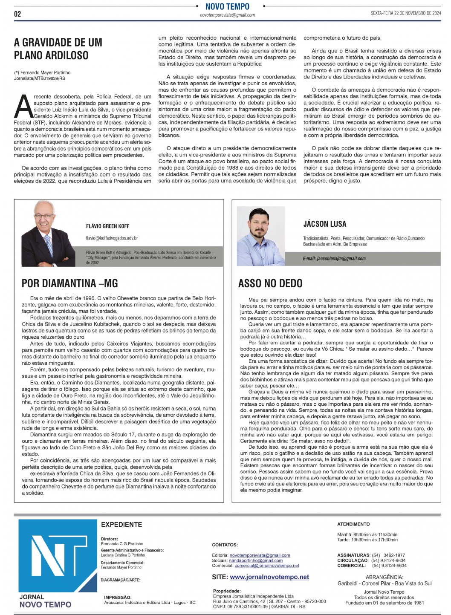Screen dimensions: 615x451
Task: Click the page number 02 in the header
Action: (x=17, y=14)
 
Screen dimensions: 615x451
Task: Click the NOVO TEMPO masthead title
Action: (x=227, y=6)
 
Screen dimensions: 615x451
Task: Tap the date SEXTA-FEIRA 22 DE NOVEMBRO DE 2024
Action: (x=405, y=13)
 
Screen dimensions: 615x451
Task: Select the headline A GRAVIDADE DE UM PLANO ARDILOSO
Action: (x=58, y=49)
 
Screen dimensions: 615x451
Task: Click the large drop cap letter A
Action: (x=23, y=107)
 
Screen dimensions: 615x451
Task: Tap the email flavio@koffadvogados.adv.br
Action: (x=112, y=238)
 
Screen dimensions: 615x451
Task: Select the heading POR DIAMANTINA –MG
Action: (x=69, y=283)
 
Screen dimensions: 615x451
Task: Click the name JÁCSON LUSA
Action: (x=325, y=224)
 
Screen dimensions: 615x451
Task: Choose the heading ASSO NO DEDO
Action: (x=270, y=283)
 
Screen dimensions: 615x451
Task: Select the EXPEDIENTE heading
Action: (x=121, y=524)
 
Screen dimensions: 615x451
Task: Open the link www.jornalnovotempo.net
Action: (x=269, y=577)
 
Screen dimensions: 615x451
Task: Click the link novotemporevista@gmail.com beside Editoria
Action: (x=260, y=555)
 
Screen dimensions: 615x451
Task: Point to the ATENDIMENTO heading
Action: (x=353, y=524)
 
